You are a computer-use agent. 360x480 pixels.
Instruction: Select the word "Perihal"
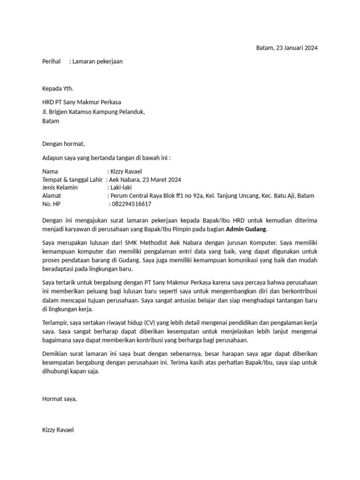(52, 61)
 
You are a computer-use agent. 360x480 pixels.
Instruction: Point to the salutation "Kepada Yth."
(58, 89)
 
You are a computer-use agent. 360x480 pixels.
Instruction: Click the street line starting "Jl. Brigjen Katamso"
(93, 112)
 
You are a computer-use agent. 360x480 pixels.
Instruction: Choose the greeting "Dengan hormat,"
(64, 144)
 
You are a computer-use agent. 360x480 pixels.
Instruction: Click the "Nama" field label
(50, 172)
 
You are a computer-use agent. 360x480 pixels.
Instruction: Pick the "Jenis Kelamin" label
(60, 187)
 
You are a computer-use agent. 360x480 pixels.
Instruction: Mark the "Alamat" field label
(52, 196)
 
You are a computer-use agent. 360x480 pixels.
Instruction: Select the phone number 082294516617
(132, 204)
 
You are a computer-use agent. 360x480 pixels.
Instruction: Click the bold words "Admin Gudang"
(246, 229)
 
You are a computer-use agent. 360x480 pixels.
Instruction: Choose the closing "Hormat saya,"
(59, 398)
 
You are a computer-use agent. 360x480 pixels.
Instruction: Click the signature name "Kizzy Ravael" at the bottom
(58, 429)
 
